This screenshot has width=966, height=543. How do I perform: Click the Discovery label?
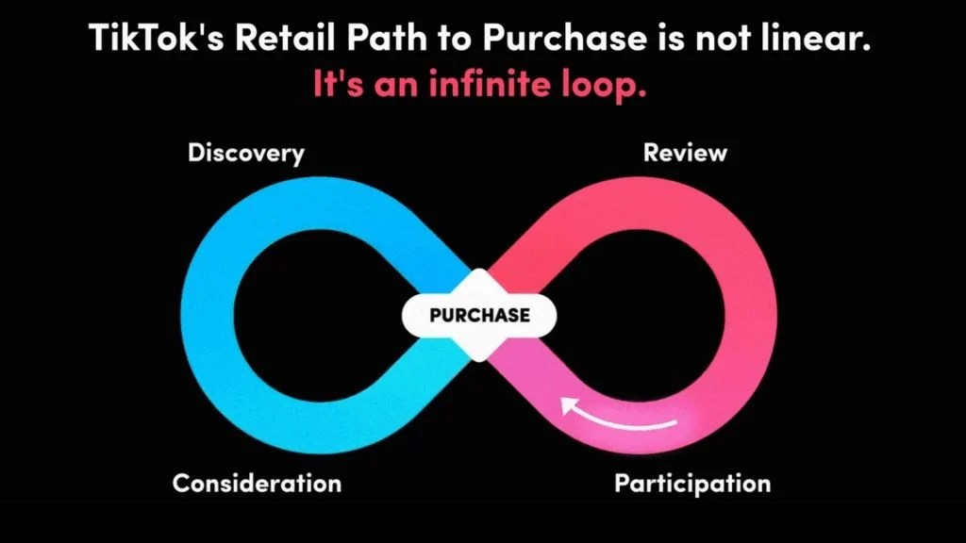[246, 153]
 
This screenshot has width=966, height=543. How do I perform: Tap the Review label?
[685, 153]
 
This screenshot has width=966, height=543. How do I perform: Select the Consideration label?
[257, 484]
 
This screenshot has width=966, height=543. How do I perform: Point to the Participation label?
[692, 484]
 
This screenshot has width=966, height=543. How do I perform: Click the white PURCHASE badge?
[479, 315]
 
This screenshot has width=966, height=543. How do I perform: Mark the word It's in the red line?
[339, 86]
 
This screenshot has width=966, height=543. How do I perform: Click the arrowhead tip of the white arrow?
[563, 405]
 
